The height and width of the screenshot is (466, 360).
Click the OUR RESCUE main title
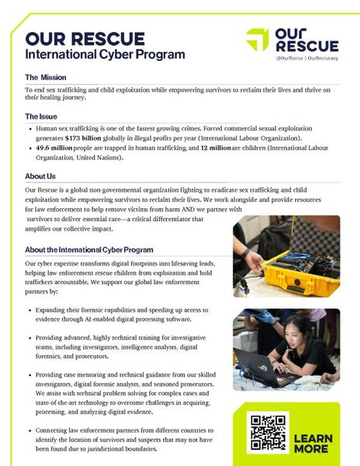coord(85,39)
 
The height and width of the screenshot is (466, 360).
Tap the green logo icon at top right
coord(258,40)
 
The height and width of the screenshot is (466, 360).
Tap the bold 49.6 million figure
coord(54,148)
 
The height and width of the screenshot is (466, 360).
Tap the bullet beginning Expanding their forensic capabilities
coord(124,314)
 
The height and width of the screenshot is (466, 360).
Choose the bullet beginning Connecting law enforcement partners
coord(124,440)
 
